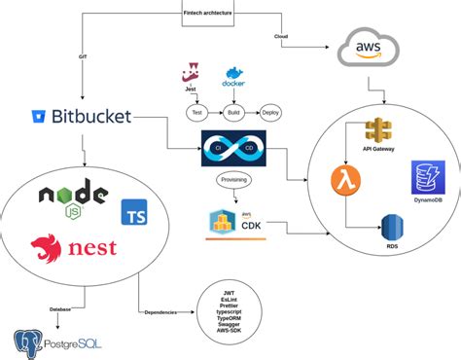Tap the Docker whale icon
pyautogui.click(x=234, y=78)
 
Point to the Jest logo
pyautogui.click(x=191, y=75)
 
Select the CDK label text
pyautogui.click(x=252, y=227)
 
